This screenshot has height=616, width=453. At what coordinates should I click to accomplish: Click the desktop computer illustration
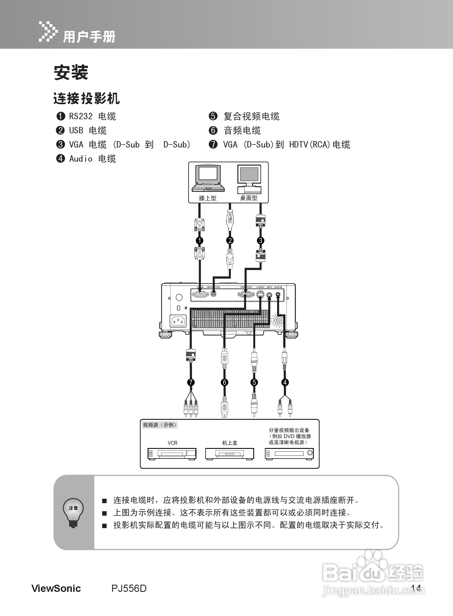pyautogui.click(x=249, y=179)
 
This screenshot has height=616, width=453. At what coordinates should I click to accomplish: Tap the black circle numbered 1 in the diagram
pyautogui.click(x=199, y=240)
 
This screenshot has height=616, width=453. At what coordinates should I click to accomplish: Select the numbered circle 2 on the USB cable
pyautogui.click(x=230, y=240)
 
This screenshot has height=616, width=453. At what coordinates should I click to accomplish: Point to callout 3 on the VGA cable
pyautogui.click(x=260, y=240)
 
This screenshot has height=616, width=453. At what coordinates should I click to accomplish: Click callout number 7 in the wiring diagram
pyautogui.click(x=191, y=383)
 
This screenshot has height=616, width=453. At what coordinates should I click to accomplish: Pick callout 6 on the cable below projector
pyautogui.click(x=224, y=383)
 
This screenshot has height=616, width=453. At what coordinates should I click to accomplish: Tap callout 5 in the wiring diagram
pyautogui.click(x=254, y=383)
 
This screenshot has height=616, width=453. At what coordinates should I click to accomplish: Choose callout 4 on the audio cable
pyautogui.click(x=285, y=383)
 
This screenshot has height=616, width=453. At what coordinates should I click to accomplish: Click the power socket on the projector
pyautogui.click(x=178, y=321)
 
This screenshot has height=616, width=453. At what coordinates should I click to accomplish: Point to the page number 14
pyautogui.click(x=416, y=588)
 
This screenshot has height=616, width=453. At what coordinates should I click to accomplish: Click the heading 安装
pyautogui.click(x=71, y=73)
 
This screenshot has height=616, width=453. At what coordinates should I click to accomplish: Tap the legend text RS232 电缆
pyautogui.click(x=92, y=116)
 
